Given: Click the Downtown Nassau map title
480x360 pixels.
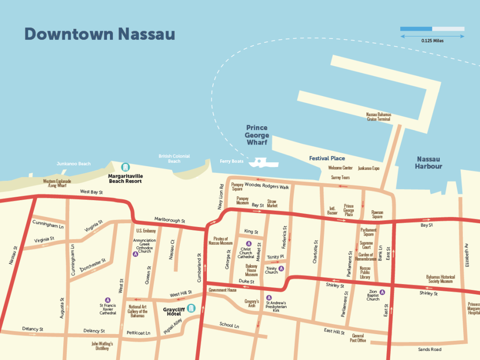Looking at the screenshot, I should coord(99,35).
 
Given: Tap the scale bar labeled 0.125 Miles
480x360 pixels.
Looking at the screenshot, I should coord(432,29).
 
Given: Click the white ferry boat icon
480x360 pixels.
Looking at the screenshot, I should coord(264,162).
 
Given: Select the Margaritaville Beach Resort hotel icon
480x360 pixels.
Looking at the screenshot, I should coord(125,167).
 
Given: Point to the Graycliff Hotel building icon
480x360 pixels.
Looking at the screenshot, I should coord(192,308).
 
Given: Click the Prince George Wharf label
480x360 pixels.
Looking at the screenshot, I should coord(257,135).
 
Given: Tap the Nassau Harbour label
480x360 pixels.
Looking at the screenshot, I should coord(429,163).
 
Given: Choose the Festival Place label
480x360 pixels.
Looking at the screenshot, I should coord(326,158).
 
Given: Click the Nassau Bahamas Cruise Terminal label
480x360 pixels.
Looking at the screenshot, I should coord(379,117).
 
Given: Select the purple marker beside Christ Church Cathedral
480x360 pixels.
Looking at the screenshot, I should coord(249,243).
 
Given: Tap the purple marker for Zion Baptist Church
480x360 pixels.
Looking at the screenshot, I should coord(382,292).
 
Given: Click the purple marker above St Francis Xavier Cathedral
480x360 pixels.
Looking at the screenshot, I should coord(108,300).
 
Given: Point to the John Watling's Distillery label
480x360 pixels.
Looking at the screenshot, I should coord(102,346).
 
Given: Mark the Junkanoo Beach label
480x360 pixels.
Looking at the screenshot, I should coord(73,164).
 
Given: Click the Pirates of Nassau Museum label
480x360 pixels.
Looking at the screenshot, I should coord(220,241).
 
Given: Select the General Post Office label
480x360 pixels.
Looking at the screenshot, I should coord(358,338).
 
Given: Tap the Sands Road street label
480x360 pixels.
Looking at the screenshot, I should coord(429,349).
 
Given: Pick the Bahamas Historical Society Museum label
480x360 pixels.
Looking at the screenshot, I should coord(440,279).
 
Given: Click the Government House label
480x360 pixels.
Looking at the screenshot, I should coord(222,290).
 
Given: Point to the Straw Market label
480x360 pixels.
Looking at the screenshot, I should coord(272,204).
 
